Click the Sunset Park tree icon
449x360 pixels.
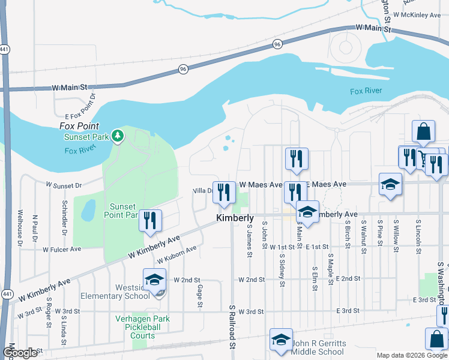coord(118,137)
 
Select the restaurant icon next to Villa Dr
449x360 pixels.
coord(224,193)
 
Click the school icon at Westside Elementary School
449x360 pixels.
coord(154,280)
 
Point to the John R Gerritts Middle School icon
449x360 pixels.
coord(281,340)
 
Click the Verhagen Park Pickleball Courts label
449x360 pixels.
coord(143,328)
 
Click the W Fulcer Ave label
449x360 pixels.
coord(58,248)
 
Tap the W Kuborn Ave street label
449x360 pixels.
coord(177,255)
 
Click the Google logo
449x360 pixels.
coord(20,353)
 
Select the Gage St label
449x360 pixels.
coord(200,294)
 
